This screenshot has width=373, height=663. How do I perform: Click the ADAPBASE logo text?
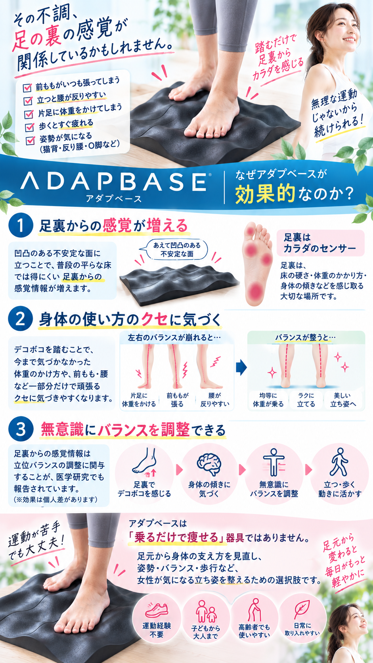[114, 181]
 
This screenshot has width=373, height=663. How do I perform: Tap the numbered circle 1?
[21, 226]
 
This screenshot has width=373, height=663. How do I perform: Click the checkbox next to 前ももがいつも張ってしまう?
[27, 87]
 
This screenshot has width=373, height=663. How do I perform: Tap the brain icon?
[209, 464]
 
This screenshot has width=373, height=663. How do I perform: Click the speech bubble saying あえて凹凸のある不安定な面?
[177, 249]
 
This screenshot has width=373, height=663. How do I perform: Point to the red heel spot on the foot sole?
[255, 291]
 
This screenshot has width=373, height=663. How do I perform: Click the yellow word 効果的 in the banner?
[265, 194]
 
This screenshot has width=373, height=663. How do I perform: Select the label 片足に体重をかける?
[139, 400]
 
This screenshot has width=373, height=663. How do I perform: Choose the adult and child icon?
[206, 611]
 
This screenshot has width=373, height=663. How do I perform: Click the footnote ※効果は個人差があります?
[55, 500]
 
